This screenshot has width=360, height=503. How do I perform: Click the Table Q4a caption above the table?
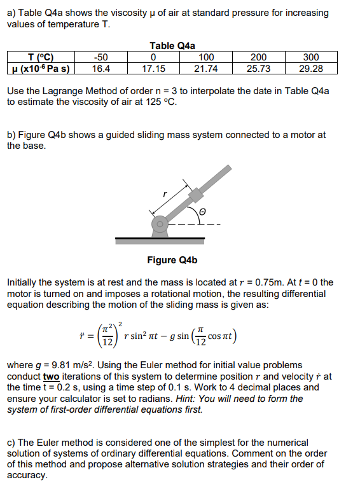point(172,46)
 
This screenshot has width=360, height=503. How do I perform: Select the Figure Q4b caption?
point(172,259)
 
